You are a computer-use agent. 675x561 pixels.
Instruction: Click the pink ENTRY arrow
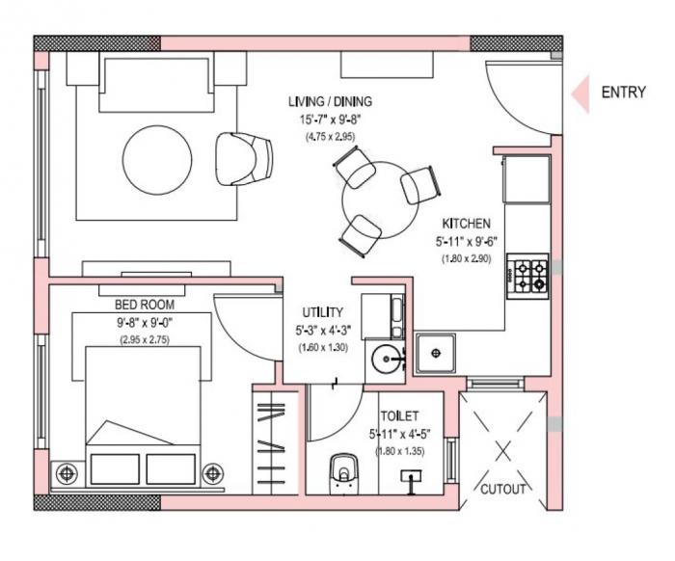pyautogui.click(x=580, y=94)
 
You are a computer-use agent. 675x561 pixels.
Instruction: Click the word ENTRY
pyautogui.click(x=624, y=93)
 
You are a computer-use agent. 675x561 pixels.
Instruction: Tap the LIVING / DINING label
pyautogui.click(x=330, y=101)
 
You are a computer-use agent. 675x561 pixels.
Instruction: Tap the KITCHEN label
pyautogui.click(x=467, y=223)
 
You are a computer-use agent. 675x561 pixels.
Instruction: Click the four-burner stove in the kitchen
pyautogui.click(x=527, y=275)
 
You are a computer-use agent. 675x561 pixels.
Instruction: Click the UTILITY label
pyautogui.click(x=322, y=312)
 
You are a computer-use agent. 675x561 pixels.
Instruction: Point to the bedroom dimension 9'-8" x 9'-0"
pyautogui.click(x=145, y=322)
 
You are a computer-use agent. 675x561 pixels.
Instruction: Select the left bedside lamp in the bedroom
pyautogui.click(x=67, y=474)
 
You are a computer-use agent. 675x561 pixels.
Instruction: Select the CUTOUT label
pyautogui.click(x=503, y=489)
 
